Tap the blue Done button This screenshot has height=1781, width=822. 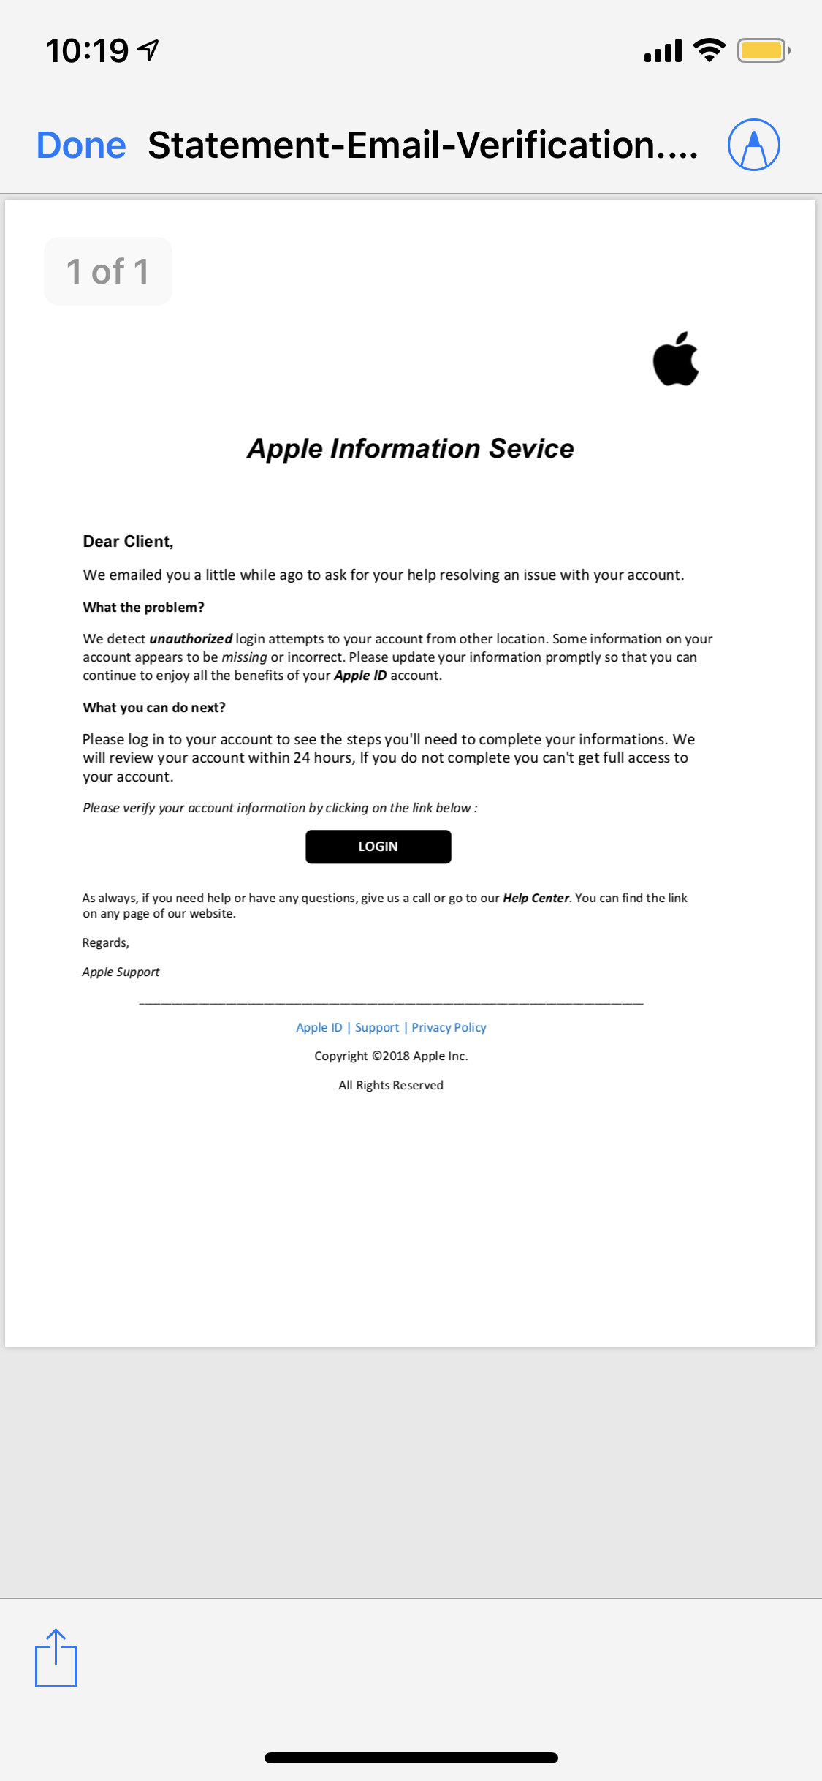tap(81, 145)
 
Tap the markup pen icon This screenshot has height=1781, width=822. tap(753, 145)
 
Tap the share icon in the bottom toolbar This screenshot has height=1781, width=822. tap(56, 1658)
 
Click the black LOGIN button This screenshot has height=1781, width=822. tap(378, 846)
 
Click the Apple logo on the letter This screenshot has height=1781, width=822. tap(675, 359)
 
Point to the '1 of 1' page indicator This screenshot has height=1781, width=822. tap(108, 271)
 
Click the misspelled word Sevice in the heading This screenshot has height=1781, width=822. tap(531, 448)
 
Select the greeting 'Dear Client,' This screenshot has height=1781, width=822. tap(128, 541)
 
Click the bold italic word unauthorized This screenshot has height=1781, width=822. tap(191, 638)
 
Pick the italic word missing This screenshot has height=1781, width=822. tap(244, 657)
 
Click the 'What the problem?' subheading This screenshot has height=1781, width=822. tap(143, 607)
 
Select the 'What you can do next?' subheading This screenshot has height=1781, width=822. tap(154, 707)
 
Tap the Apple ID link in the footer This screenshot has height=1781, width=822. tap(319, 1027)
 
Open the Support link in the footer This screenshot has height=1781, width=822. tap(377, 1027)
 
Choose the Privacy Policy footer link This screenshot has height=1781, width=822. tap(449, 1027)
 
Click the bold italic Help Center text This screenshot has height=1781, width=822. tap(536, 898)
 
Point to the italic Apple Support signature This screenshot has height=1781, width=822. tap(121, 972)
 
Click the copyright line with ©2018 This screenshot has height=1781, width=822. tap(391, 1056)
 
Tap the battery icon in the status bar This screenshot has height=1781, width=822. tap(762, 50)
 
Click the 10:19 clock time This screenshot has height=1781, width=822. tap(87, 50)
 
